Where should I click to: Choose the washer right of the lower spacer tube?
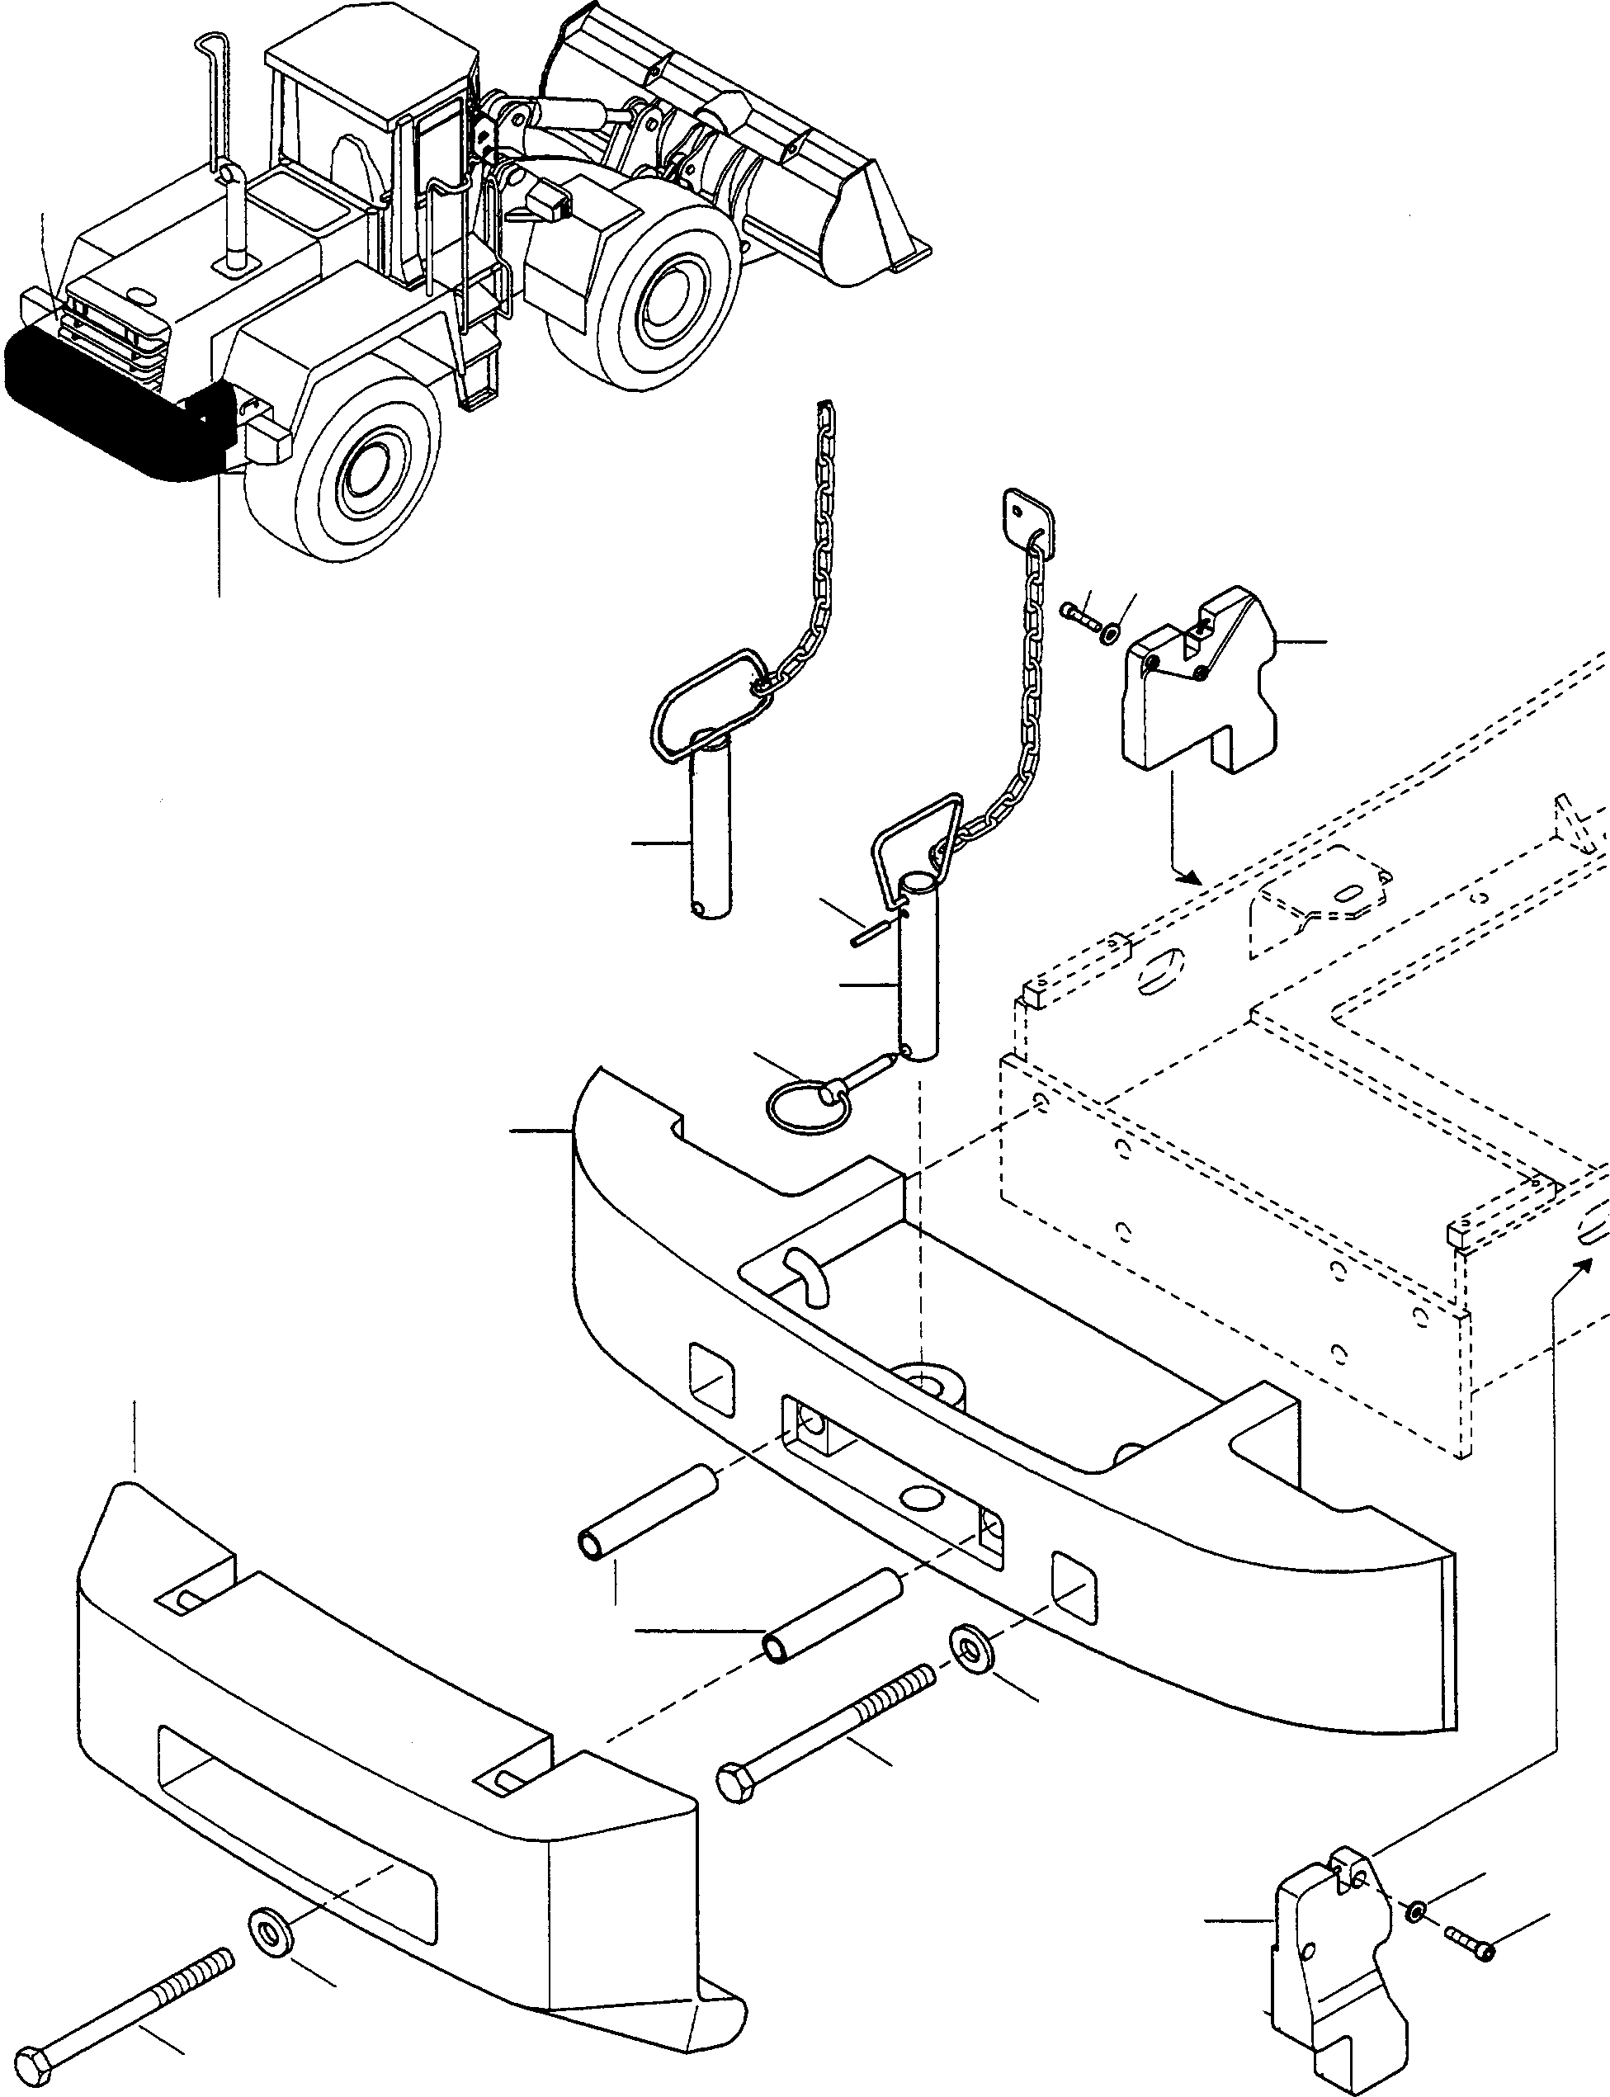970,1644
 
